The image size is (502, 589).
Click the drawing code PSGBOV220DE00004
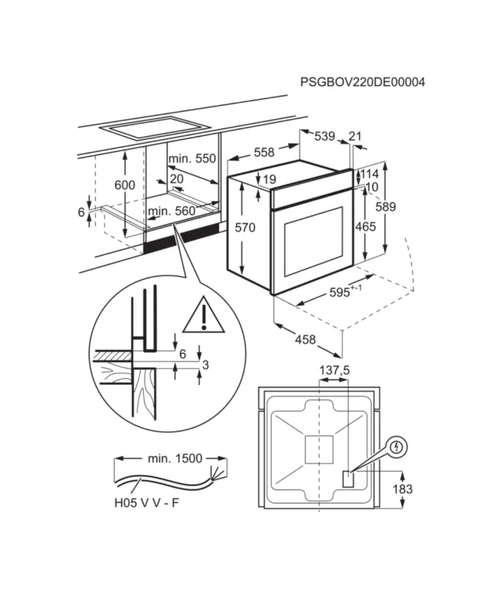click(x=363, y=82)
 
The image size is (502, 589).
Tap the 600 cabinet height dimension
click(x=125, y=185)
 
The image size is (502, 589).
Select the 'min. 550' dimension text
click(x=192, y=159)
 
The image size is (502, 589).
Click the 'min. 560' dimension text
click(x=172, y=211)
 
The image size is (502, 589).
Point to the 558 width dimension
click(x=264, y=152)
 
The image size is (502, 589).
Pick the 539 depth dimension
click(x=325, y=136)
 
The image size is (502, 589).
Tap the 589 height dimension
click(x=385, y=206)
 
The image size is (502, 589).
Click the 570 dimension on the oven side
click(x=245, y=227)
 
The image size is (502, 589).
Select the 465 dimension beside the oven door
click(x=365, y=226)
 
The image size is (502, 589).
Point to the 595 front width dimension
click(x=345, y=291)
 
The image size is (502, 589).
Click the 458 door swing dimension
click(x=305, y=340)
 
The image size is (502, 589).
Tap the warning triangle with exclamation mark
click(x=204, y=315)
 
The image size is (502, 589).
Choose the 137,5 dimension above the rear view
click(x=334, y=371)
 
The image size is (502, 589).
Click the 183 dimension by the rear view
click(x=403, y=489)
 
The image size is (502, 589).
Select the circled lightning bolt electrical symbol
click(x=397, y=447)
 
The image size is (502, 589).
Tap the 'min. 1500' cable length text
click(x=175, y=458)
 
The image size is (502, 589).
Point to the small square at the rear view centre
click(x=319, y=450)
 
